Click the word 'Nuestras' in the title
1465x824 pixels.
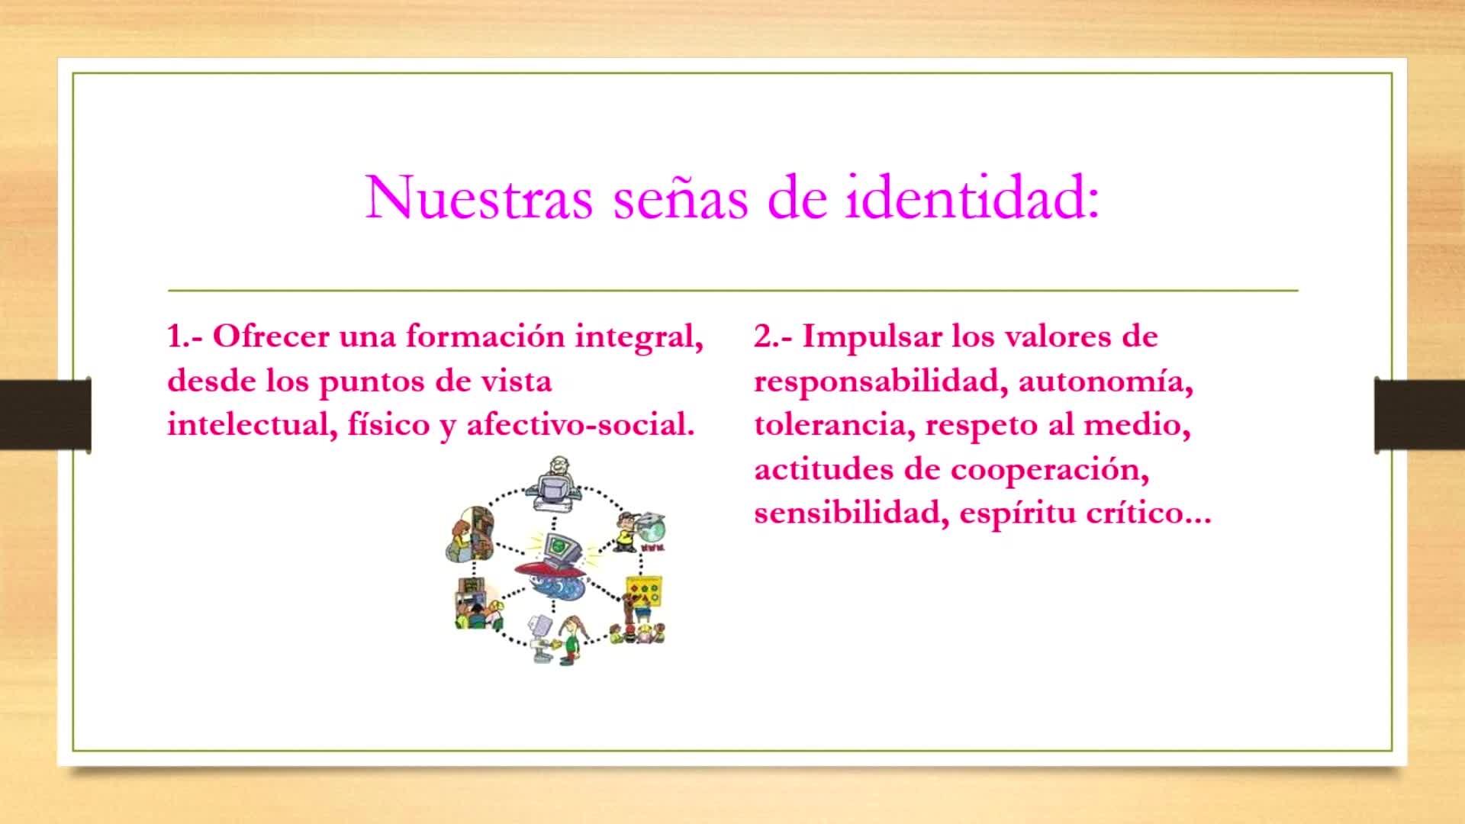click(x=479, y=198)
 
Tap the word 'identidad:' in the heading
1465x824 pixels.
click(x=972, y=198)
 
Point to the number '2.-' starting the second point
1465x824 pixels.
click(x=773, y=336)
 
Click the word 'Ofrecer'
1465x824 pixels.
click(x=271, y=336)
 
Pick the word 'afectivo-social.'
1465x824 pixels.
click(x=581, y=424)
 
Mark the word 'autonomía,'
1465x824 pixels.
click(x=1106, y=381)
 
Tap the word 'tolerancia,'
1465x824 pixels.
click(x=835, y=425)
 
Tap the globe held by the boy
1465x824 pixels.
click(x=653, y=526)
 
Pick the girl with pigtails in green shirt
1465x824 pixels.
click(x=571, y=639)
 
